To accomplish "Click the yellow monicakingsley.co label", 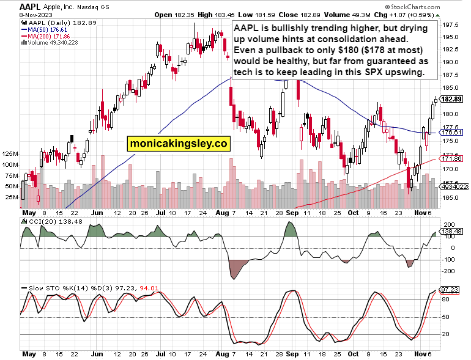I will click(x=178, y=144).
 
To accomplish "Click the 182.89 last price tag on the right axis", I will click(x=451, y=99).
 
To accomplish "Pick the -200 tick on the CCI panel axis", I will click(x=449, y=271).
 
